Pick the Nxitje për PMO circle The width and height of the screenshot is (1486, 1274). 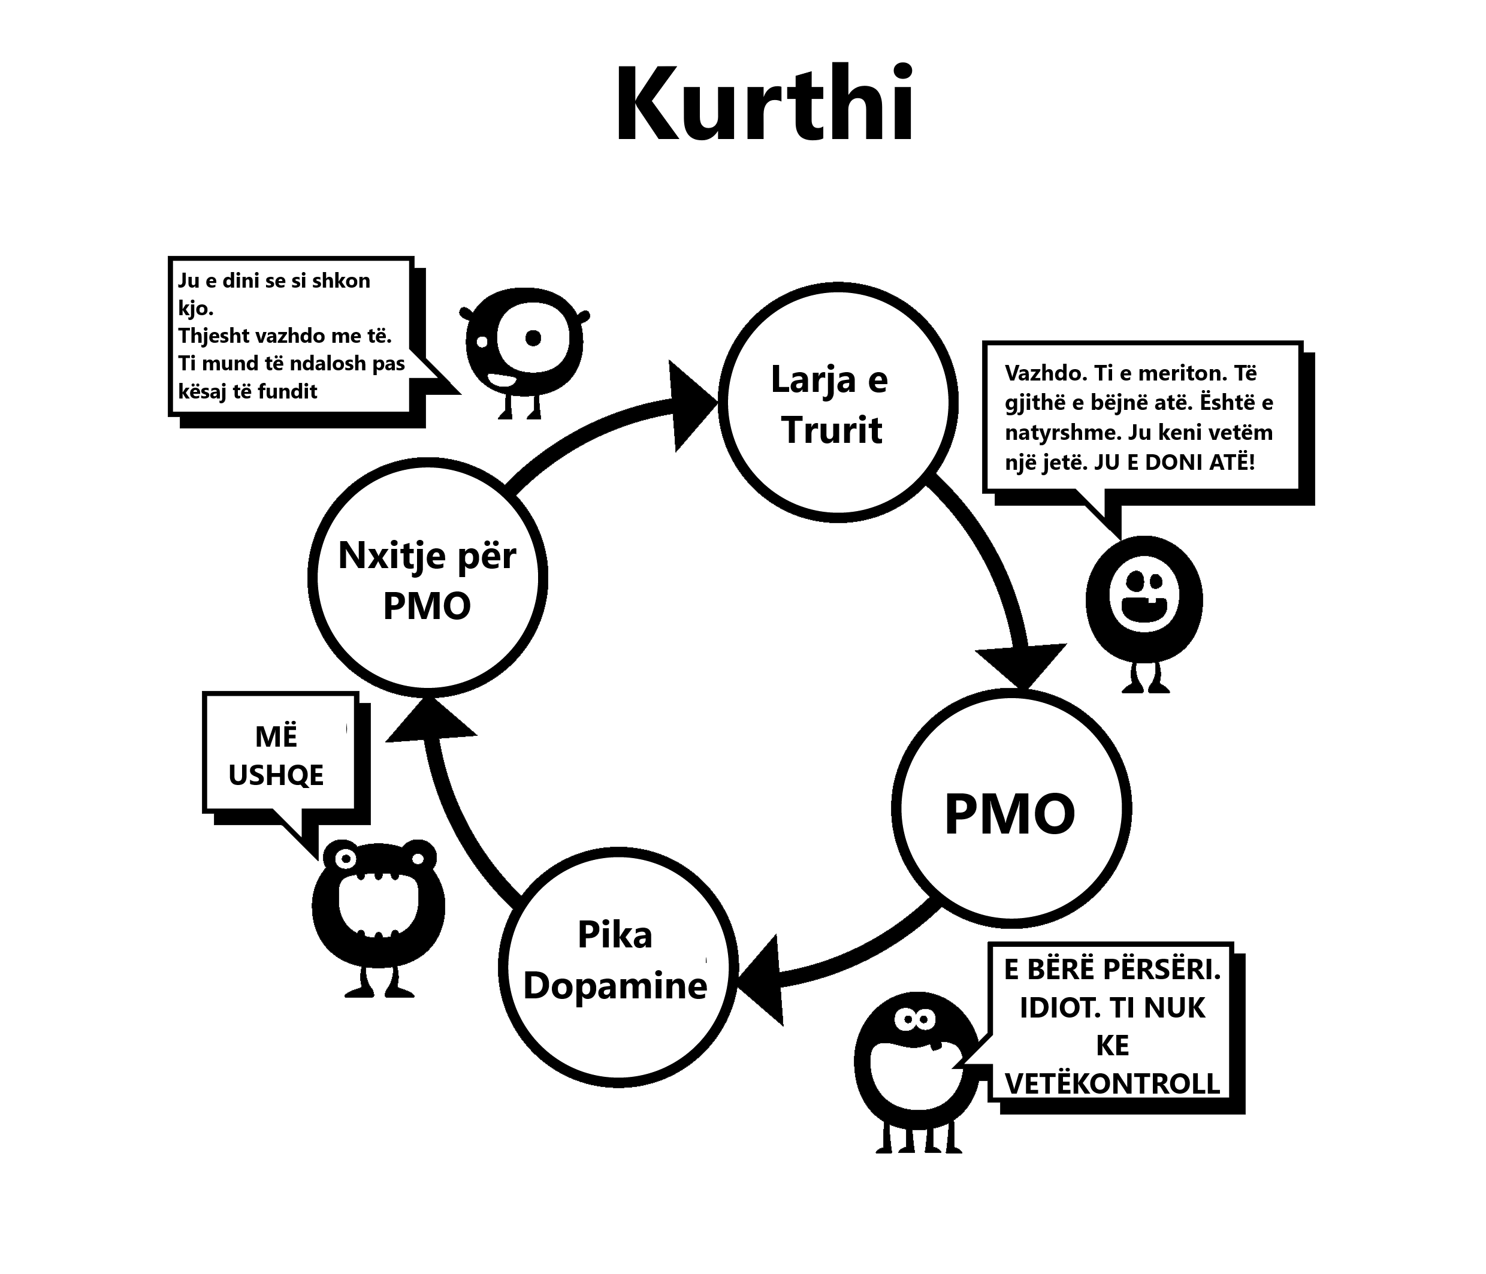point(427,578)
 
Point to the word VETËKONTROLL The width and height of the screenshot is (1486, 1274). point(1112,1083)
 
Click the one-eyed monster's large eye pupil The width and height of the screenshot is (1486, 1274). point(533,338)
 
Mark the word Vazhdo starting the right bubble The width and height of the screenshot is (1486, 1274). point(1037,373)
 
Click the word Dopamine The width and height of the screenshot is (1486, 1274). point(615,986)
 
